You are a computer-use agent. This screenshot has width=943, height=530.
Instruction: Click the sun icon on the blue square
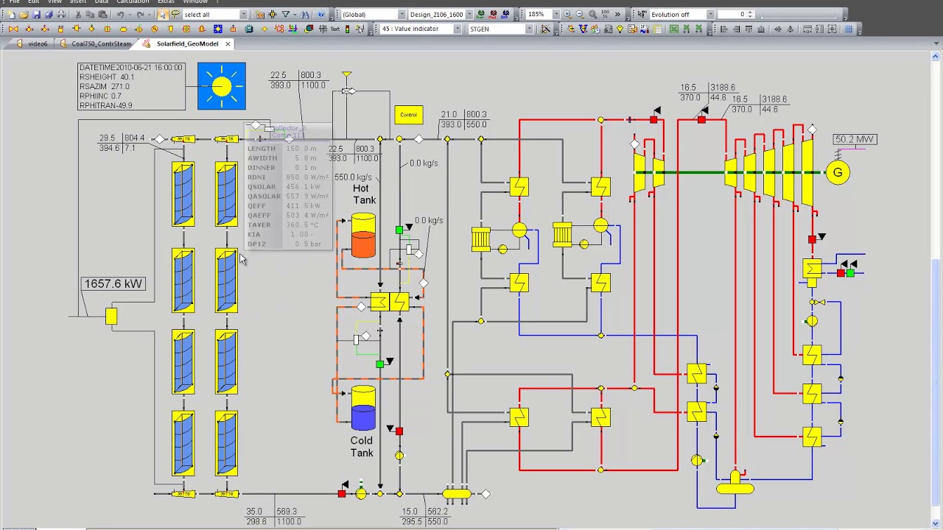pos(221,86)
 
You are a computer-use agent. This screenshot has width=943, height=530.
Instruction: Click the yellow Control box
pos(408,115)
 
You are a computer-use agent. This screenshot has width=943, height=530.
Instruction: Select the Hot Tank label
pos(364,194)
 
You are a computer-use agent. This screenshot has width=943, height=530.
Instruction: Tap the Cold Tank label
pos(361,447)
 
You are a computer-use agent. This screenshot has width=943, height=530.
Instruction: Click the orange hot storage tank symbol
pos(362,237)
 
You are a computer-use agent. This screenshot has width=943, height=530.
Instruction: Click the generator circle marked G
pos(838,173)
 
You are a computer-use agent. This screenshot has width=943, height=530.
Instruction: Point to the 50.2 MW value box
pos(855,139)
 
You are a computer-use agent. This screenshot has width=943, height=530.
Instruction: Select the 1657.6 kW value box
pos(113,284)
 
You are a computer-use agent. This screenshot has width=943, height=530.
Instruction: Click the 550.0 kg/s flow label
pos(353,177)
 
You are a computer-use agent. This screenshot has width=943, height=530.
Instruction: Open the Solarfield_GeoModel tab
pos(187,43)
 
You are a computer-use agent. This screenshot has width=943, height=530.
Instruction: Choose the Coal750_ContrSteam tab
pos(101,43)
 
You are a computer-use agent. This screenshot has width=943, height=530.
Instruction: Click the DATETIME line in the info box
pos(130,67)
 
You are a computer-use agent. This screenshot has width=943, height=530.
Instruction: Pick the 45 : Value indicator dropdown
pos(421,29)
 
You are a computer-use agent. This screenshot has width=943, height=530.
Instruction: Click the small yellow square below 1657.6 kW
pos(111,317)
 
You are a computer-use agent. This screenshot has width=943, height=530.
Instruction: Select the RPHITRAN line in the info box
pos(106,105)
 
